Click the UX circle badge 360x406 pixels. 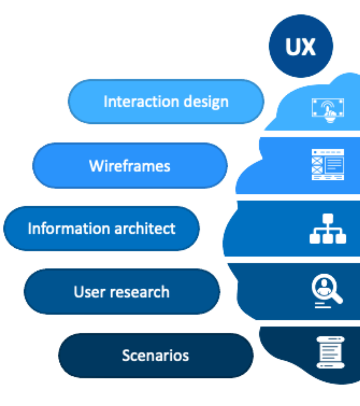point(301,46)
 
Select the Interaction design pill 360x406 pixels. point(166,101)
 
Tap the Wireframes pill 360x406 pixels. point(130,166)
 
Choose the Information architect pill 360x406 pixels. point(101,229)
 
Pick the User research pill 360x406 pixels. point(122,292)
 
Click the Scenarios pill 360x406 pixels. point(156,355)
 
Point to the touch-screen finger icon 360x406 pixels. point(328,109)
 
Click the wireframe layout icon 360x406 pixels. point(328,165)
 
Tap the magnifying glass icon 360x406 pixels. point(327,290)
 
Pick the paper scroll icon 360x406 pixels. point(330,352)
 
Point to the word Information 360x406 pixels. point(64,229)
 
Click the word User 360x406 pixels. point(88,292)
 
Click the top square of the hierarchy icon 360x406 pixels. point(328,219)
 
